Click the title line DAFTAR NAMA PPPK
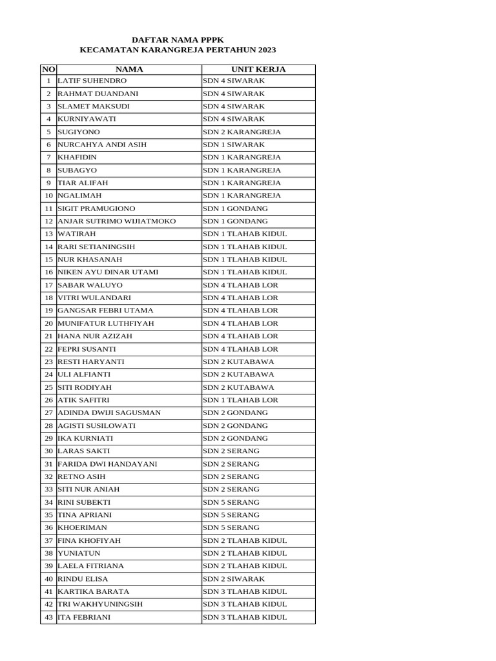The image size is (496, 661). [x=178, y=39]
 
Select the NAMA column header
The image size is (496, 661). [x=129, y=69]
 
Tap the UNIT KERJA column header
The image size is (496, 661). [x=258, y=69]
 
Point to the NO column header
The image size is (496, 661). [x=48, y=69]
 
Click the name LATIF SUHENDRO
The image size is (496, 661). [x=92, y=81]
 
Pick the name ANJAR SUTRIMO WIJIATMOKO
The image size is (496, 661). [x=117, y=221]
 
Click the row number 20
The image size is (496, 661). [x=48, y=323]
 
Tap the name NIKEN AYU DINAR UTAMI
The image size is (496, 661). [x=108, y=272]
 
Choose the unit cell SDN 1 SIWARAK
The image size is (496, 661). [x=234, y=145]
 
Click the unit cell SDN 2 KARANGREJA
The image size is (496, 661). [x=242, y=132]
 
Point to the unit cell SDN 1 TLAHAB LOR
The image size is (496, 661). [x=240, y=400]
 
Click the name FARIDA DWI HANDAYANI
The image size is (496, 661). [x=107, y=464]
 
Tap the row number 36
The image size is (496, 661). [x=48, y=527]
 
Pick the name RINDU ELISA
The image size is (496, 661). [x=83, y=579]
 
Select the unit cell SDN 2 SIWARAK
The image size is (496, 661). [x=234, y=579]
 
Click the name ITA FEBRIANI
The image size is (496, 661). [x=84, y=617]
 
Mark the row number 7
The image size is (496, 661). [x=48, y=158]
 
